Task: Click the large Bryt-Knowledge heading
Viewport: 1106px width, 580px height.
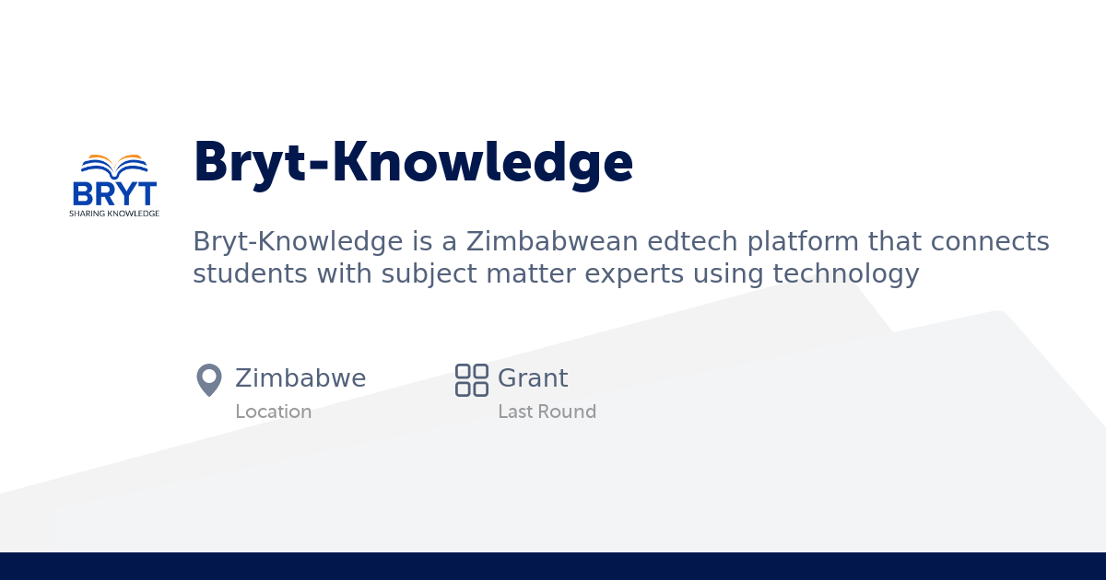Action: (x=413, y=163)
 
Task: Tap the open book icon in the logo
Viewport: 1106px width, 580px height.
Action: (x=114, y=167)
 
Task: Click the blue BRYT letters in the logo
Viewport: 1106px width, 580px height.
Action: (x=114, y=194)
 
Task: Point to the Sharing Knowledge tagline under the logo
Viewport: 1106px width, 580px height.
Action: (x=114, y=214)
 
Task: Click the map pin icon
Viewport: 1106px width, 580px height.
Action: (x=209, y=379)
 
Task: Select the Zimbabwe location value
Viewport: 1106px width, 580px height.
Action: (x=300, y=378)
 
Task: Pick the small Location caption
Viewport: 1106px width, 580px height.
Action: (x=273, y=412)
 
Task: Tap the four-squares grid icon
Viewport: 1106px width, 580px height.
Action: (x=472, y=379)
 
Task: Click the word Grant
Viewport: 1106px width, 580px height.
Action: (x=533, y=378)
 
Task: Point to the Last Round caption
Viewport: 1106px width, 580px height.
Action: (x=547, y=412)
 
